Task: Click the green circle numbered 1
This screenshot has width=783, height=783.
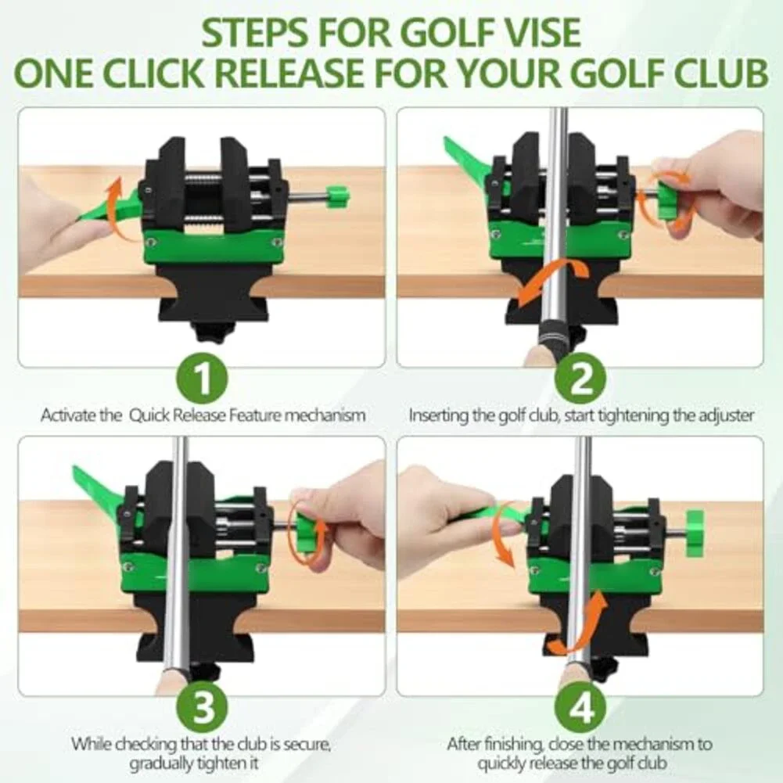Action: tap(202, 378)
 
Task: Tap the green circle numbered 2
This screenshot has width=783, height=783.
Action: tap(580, 378)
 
